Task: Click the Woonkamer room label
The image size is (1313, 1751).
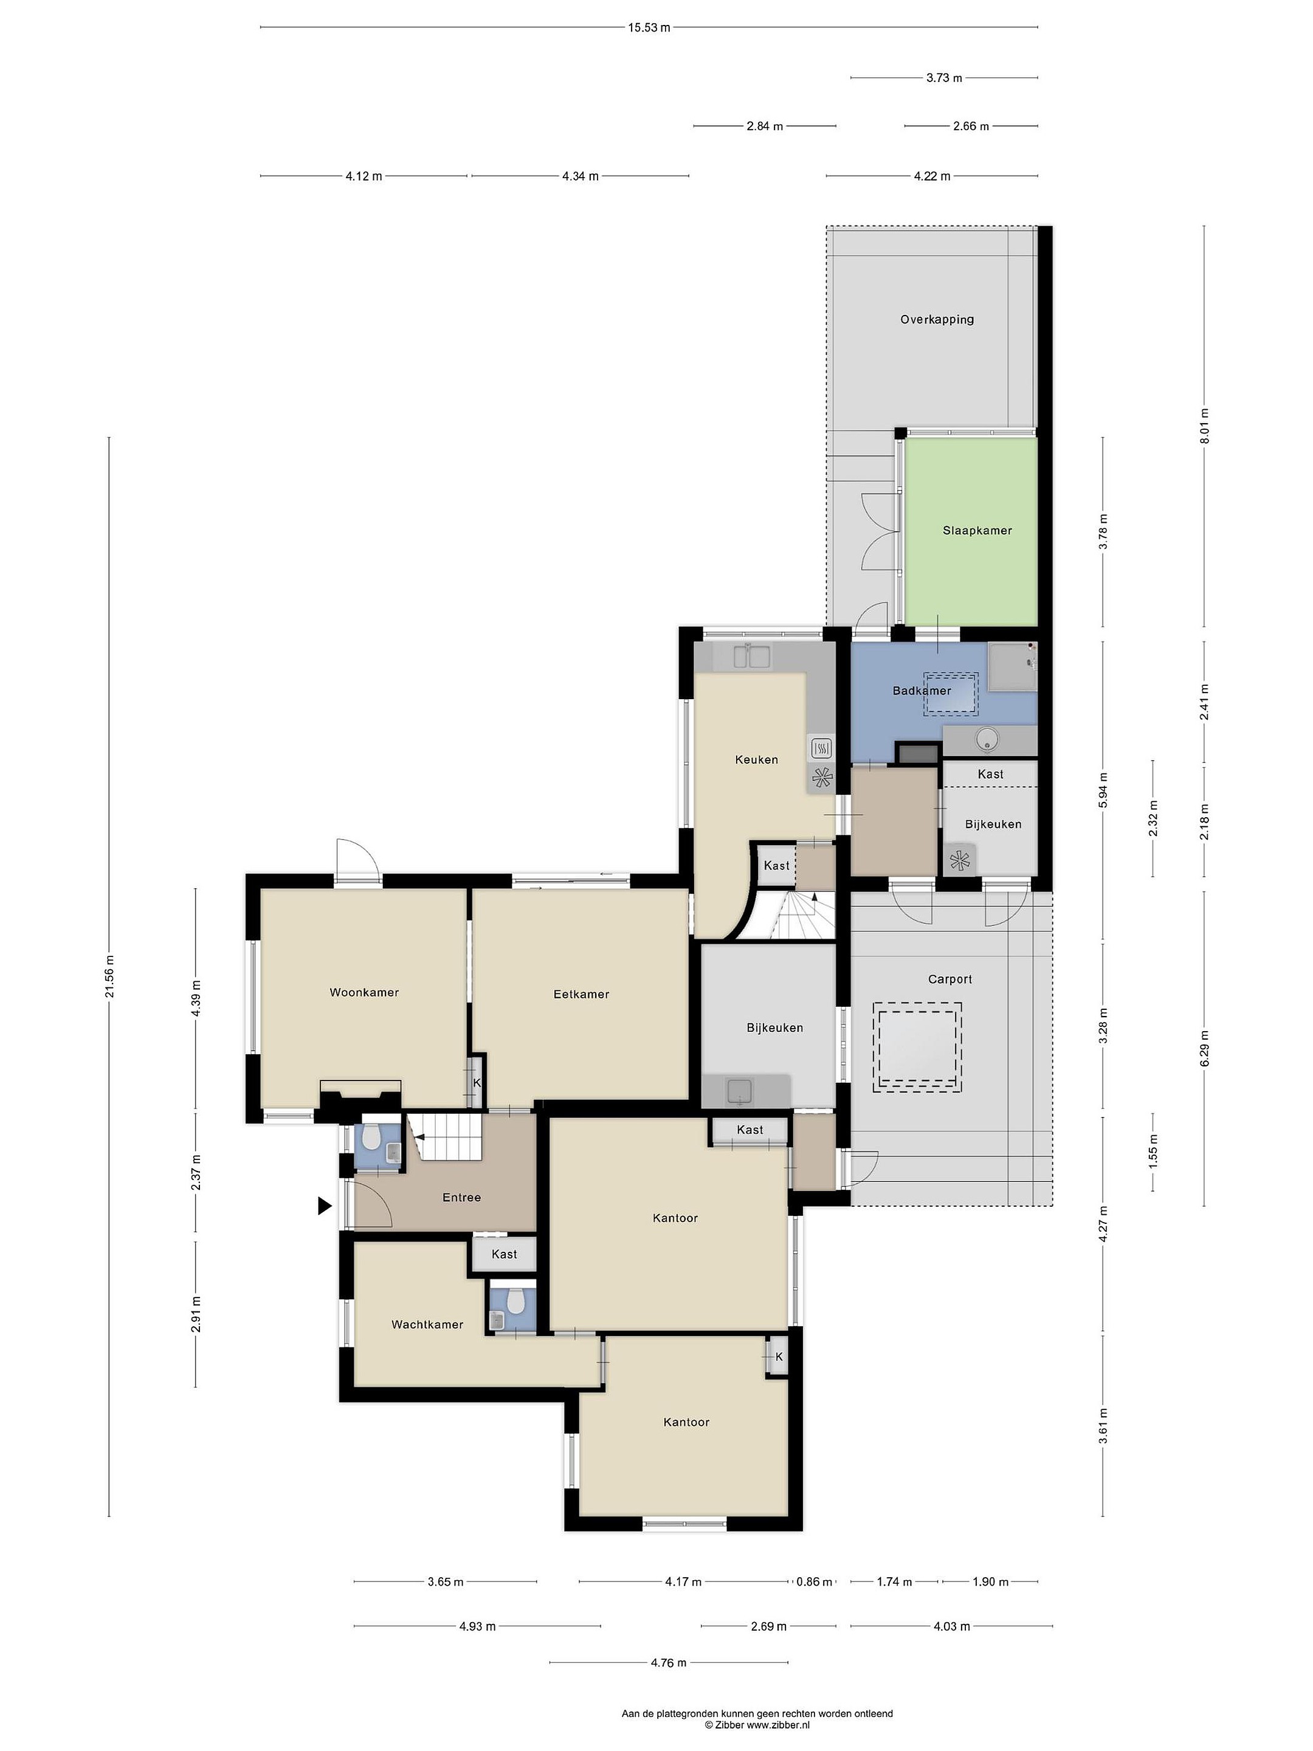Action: [x=364, y=993]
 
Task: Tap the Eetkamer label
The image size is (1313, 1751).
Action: [x=581, y=994]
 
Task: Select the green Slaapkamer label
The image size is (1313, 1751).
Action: [x=977, y=530]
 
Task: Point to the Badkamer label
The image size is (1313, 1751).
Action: [x=922, y=690]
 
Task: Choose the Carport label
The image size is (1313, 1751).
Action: [x=949, y=979]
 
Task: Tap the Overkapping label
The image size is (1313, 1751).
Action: [x=937, y=320]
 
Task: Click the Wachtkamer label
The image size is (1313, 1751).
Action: [x=427, y=1324]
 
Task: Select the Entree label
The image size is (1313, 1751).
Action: [x=461, y=1198]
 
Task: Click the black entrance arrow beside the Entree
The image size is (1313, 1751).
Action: [x=325, y=1206]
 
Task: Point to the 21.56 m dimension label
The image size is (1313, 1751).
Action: [x=109, y=977]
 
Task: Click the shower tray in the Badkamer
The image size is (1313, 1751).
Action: [x=1012, y=666]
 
